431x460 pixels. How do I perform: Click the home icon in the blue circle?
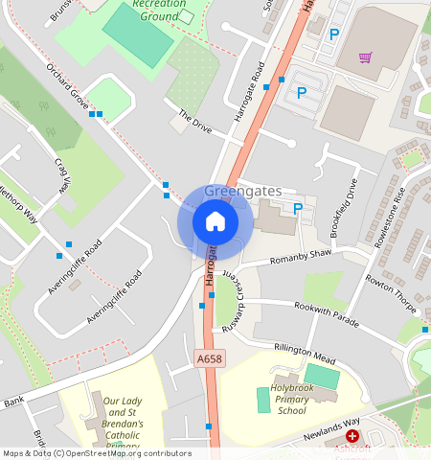tap(215, 222)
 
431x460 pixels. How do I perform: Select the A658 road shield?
tap(210, 359)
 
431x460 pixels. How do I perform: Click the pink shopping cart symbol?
tap(365, 57)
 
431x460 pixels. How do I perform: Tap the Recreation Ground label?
tap(160, 11)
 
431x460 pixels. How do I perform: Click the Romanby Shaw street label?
tap(300, 257)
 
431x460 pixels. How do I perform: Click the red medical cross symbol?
tap(352, 436)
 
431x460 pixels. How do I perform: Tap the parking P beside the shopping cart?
tap(334, 34)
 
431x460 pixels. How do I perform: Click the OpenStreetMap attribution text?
tap(97, 453)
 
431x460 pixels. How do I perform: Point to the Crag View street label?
tap(63, 173)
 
